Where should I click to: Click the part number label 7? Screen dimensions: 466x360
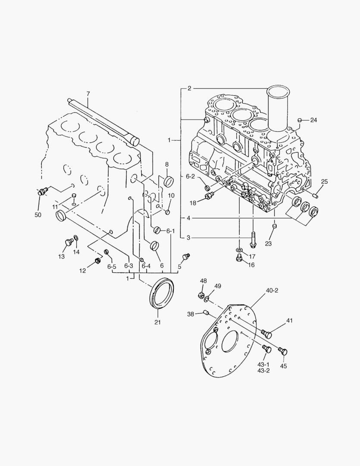click(88, 94)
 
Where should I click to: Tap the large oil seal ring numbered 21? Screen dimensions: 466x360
click(161, 294)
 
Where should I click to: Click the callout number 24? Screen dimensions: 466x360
click(313, 120)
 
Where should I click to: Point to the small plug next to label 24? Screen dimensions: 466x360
click(300, 120)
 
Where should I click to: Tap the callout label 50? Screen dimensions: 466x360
click(38, 214)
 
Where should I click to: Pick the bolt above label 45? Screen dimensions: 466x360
click(282, 351)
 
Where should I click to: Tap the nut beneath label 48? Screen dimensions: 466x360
click(200, 296)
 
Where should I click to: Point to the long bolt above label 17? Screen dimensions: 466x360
click(252, 239)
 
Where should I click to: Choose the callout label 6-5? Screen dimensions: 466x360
click(112, 267)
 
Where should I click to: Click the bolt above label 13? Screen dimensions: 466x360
click(68, 243)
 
